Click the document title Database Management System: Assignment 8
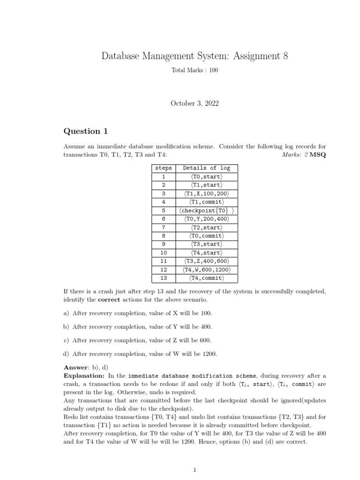[x=195, y=57]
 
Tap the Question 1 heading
[x=82, y=131]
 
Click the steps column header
[x=163, y=168]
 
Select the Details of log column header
[x=207, y=168]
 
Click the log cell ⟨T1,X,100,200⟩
[x=207, y=194]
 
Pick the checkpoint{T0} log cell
[x=207, y=210]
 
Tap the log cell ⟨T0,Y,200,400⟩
[x=207, y=219]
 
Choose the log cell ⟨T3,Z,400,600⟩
[x=207, y=261]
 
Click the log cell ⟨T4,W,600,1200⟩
[x=207, y=270]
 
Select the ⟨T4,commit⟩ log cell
[x=207, y=278]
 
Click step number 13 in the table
[x=163, y=278]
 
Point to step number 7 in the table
[x=163, y=227]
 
